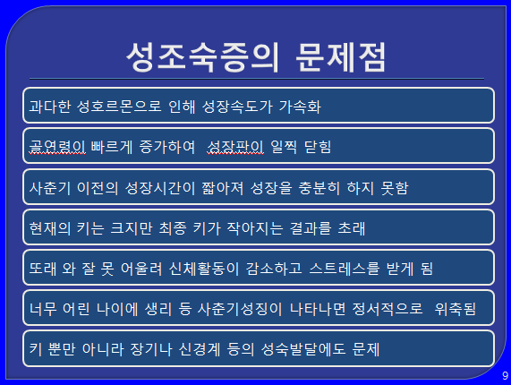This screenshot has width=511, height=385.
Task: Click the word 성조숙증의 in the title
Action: pyautogui.click(x=202, y=57)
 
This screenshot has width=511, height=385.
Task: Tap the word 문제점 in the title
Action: pyautogui.click(x=341, y=57)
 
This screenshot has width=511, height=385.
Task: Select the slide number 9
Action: pyautogui.click(x=505, y=375)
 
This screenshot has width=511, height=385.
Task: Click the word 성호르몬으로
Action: pyautogui.click(x=119, y=107)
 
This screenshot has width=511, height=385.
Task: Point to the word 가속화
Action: pyautogui.click(x=300, y=107)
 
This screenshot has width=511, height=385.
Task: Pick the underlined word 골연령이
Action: pyautogui.click(x=57, y=147)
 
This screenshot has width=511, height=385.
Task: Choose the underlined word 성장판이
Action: pyautogui.click(x=235, y=147)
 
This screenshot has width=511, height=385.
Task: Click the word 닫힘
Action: pyautogui.click(x=318, y=147)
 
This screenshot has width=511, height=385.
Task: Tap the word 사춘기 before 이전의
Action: pyautogui.click(x=50, y=188)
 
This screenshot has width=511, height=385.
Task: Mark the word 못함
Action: pyautogui.click(x=395, y=188)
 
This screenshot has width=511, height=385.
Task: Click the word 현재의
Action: pyautogui.click(x=50, y=228)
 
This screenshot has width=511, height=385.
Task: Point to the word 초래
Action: pyautogui.click(x=352, y=228)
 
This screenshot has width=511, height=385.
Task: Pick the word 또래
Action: pyautogui.click(x=43, y=269)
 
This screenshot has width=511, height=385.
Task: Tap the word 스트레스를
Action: pyautogui.click(x=345, y=269)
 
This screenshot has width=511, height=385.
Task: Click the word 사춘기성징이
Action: pyautogui.click(x=240, y=309)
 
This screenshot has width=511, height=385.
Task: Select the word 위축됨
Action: pyautogui.click(x=456, y=309)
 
